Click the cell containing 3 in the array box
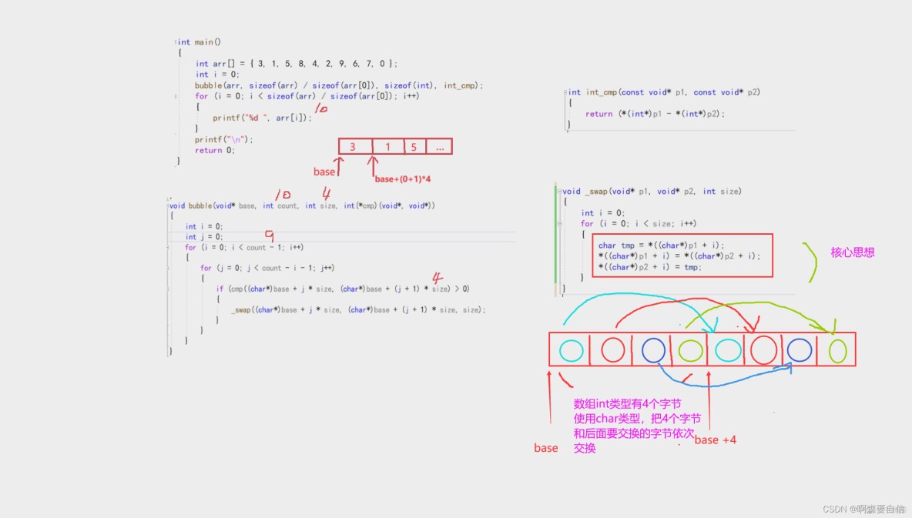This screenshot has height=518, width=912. tap(353, 146)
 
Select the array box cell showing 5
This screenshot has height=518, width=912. tap(413, 146)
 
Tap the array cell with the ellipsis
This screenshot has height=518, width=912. tap(438, 146)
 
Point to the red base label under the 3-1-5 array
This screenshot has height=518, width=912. tap(324, 172)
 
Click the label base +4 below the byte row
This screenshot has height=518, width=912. tap(715, 439)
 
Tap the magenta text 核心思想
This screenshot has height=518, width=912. tap(853, 252)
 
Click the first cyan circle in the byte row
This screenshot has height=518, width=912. tap(571, 350)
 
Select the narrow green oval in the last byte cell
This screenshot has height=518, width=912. tap(837, 351)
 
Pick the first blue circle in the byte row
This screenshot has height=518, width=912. tap(653, 350)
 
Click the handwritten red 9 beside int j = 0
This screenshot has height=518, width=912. tap(269, 236)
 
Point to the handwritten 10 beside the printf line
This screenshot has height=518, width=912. tap(321, 109)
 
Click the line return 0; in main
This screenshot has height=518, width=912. tap(214, 151)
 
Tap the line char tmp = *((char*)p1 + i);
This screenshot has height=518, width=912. tap(661, 246)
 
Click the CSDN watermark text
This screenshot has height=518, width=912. tap(863, 509)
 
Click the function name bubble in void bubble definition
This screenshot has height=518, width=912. tap(200, 206)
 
